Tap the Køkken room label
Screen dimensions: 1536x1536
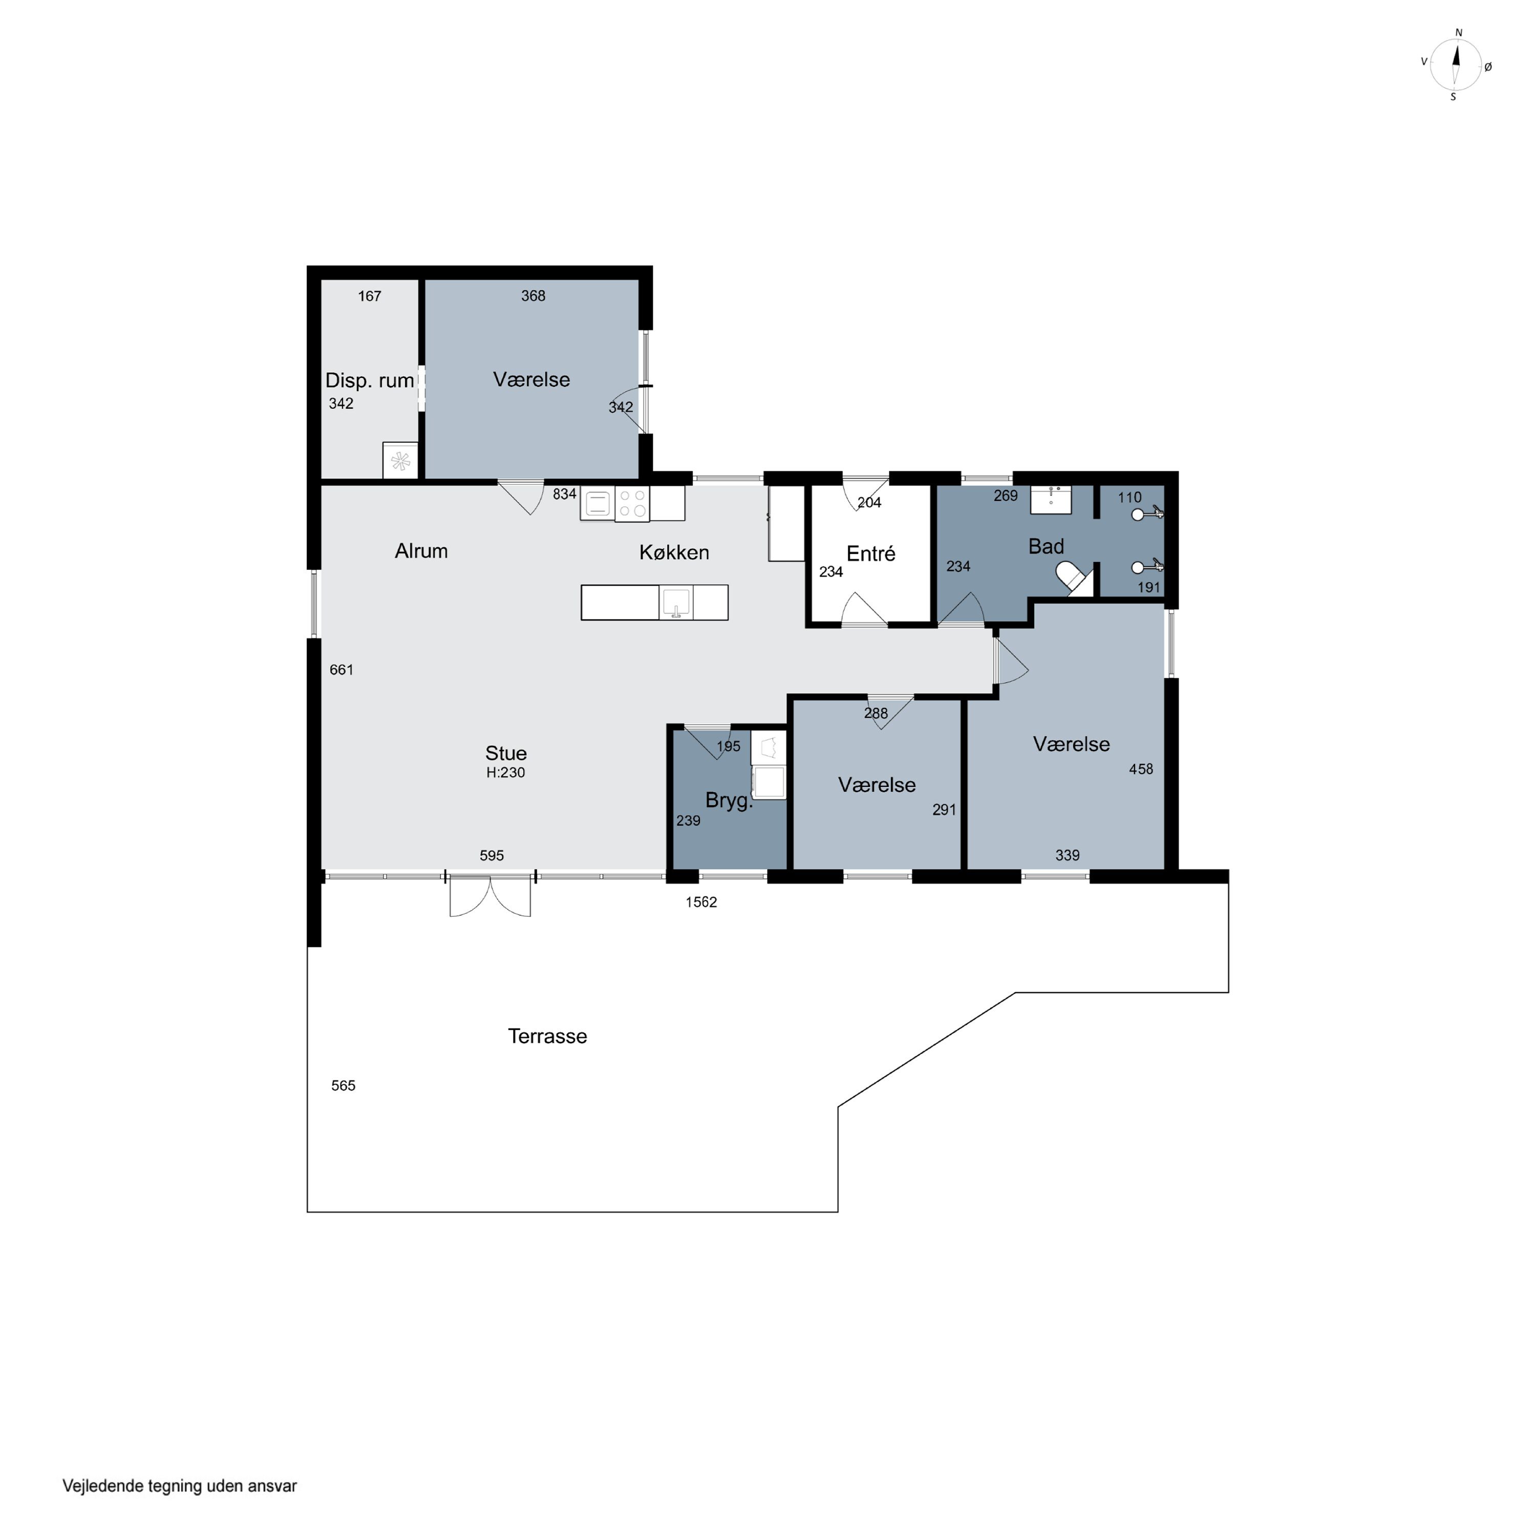(674, 552)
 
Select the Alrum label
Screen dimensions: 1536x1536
(421, 551)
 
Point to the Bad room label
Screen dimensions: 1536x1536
(1046, 546)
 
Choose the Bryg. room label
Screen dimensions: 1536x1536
(728, 801)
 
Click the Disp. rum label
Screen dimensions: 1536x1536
(370, 381)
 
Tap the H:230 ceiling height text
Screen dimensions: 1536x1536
(506, 773)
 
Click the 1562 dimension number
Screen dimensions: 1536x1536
(701, 902)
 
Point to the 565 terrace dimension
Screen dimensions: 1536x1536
(344, 1086)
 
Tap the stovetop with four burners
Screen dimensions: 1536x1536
(632, 504)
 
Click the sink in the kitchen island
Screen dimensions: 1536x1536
(676, 603)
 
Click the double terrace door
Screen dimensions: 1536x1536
(490, 896)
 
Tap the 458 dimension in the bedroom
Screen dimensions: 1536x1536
(1141, 770)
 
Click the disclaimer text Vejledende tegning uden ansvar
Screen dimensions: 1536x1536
(180, 1486)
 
